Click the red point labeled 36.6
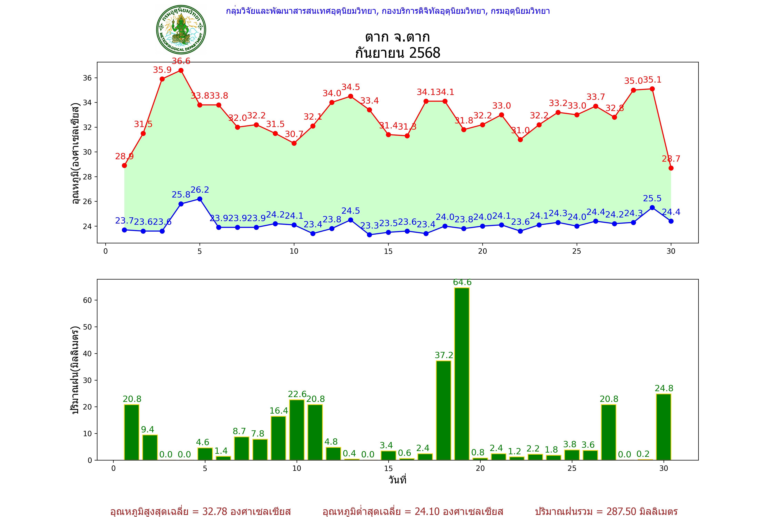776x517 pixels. click(181, 70)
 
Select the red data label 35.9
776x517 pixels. click(162, 70)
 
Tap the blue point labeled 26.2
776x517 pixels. click(200, 199)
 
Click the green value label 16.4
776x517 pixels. click(278, 411)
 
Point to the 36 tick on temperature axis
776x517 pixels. click(87, 78)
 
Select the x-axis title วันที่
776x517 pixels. click(397, 480)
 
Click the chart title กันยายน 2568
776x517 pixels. click(397, 53)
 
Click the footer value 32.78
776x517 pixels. click(215, 511)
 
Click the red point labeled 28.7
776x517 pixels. click(671, 168)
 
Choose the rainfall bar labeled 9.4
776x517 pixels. click(150, 447)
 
